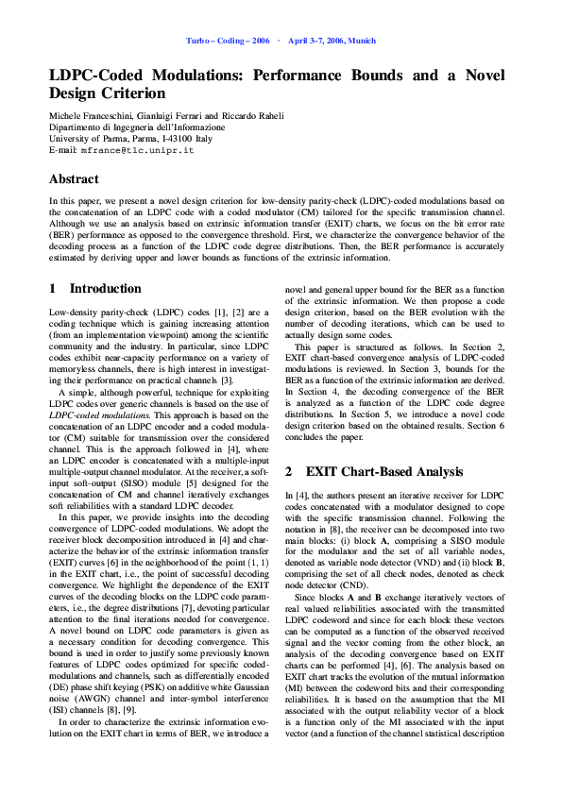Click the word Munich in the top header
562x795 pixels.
pyautogui.click(x=362, y=42)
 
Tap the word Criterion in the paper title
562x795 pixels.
pyautogui.click(x=132, y=93)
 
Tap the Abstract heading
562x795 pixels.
pyautogui.click(x=75, y=178)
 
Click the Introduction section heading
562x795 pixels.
pyautogui.click(x=105, y=289)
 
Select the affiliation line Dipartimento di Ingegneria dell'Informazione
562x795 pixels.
pyautogui.click(x=137, y=127)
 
